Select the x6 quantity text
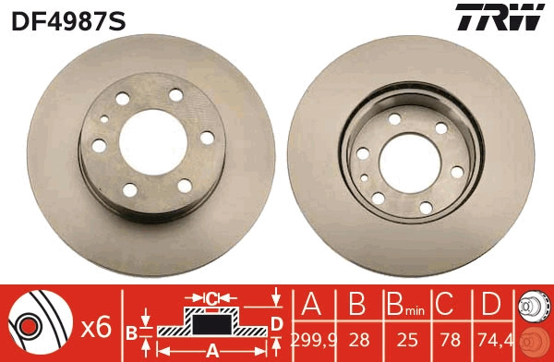(97, 326)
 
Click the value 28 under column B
(357, 341)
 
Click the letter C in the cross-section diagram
(211, 297)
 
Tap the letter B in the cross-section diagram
(130, 332)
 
